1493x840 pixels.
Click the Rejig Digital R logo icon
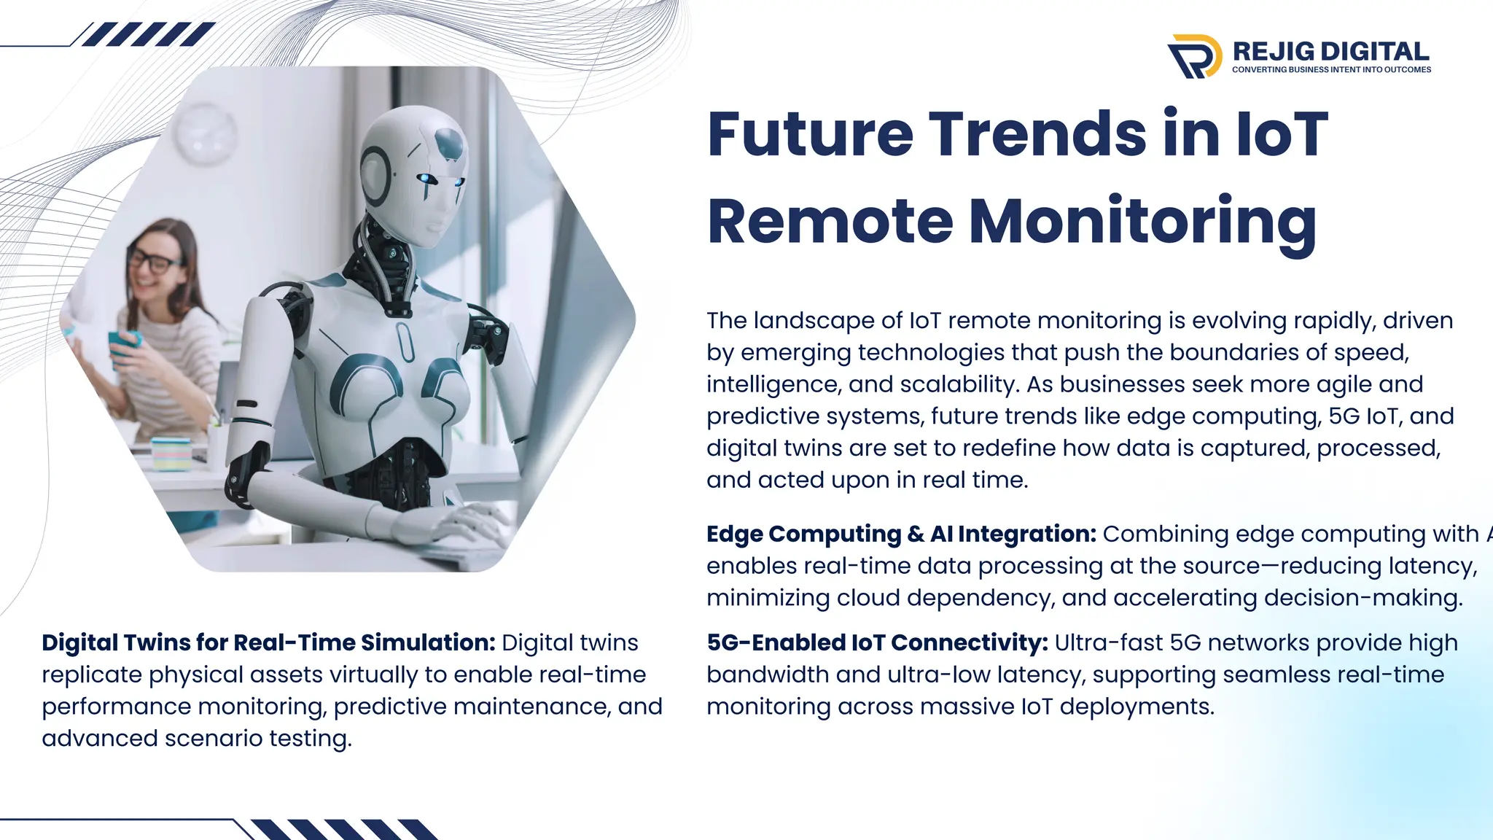tap(1194, 56)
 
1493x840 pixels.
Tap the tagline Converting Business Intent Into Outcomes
tap(1331, 70)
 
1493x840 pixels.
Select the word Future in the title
tap(810, 134)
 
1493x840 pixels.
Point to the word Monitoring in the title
tap(1142, 222)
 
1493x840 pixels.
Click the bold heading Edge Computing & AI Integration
tap(901, 534)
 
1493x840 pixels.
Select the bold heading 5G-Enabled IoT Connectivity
tap(877, 642)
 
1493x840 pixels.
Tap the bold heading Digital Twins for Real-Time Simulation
tap(268, 642)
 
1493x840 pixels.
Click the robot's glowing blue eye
tap(425, 179)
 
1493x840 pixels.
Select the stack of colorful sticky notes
tap(171, 453)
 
